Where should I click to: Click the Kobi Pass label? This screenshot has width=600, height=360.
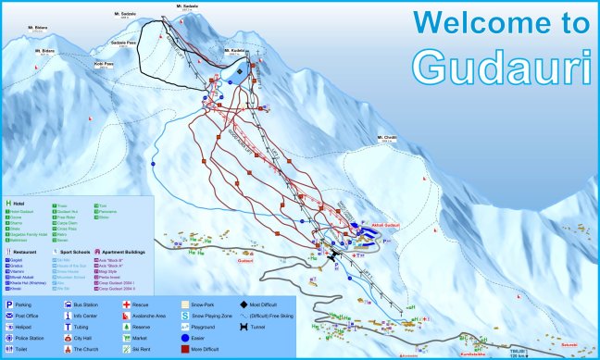click(103, 65)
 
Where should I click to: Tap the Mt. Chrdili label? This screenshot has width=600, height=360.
click(386, 138)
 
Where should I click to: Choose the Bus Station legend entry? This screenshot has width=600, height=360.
click(86, 304)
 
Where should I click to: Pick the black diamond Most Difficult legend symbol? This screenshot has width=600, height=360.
click(243, 304)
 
